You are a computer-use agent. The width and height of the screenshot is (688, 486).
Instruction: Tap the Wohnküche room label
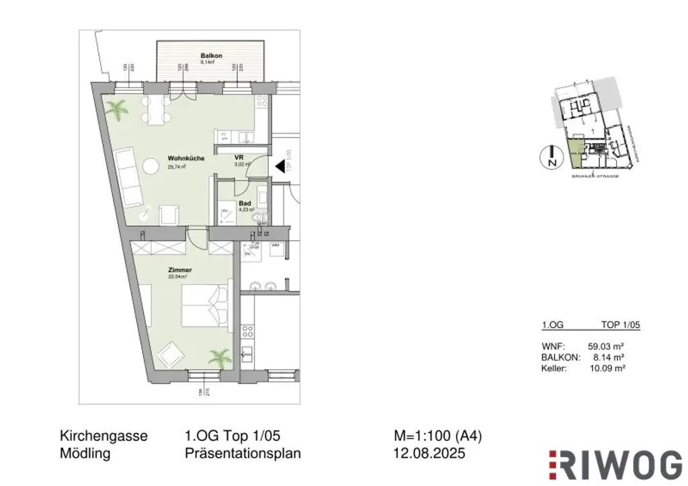coord(185,159)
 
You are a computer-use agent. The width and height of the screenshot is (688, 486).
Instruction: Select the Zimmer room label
coord(175,270)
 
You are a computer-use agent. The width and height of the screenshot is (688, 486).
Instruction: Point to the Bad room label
coord(245,202)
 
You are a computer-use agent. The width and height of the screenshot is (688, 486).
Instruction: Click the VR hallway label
coord(239,157)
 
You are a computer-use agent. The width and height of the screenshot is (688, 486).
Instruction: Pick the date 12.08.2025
coord(429,454)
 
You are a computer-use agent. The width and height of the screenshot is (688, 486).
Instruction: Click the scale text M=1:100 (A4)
coord(438,436)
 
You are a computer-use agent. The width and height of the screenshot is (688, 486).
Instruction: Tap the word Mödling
coord(85,454)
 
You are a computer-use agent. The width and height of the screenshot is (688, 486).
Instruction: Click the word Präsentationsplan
coord(243,454)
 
